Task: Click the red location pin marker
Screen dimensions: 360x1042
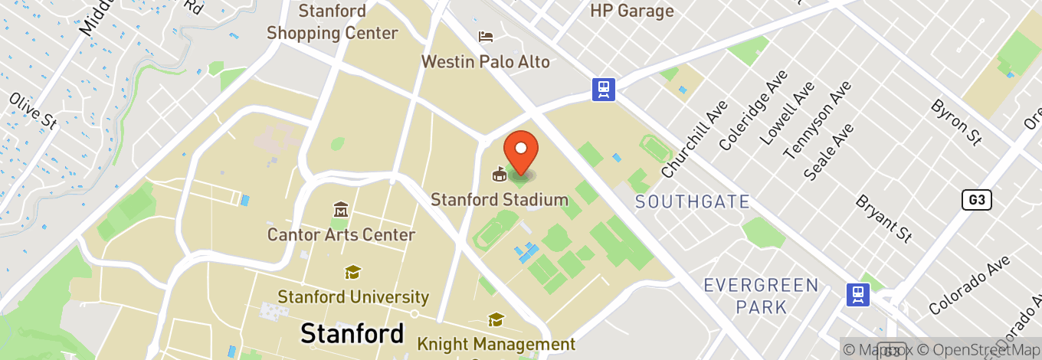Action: [520, 150]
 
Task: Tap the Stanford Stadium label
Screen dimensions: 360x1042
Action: [499, 200]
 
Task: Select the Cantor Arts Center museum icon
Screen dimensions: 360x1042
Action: [341, 209]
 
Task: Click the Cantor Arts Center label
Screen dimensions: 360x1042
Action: [341, 234]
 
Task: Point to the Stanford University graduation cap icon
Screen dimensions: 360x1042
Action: [352, 272]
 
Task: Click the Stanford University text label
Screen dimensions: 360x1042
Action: [352, 296]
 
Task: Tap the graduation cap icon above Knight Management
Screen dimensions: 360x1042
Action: [496, 319]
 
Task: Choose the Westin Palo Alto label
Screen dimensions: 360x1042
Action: [486, 61]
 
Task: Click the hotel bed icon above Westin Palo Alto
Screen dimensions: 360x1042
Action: [486, 36]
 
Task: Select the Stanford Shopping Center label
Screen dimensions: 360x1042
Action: [333, 22]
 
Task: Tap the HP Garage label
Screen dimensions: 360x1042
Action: [632, 11]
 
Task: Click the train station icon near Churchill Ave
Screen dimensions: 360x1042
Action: [604, 90]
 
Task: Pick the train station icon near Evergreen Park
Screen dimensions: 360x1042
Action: [857, 294]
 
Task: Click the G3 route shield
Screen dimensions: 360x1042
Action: [977, 201]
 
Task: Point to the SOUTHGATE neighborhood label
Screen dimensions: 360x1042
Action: [692, 201]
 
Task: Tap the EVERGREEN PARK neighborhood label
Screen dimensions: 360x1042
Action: [761, 296]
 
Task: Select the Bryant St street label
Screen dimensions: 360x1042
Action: [884, 218]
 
